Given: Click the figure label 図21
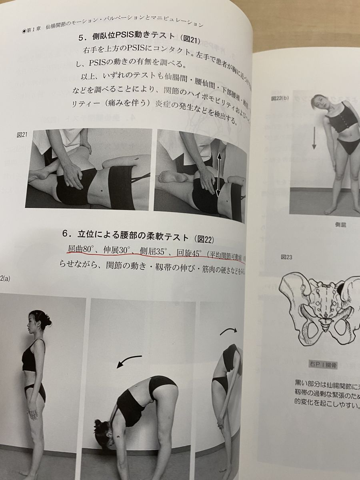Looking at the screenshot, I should point(22,135).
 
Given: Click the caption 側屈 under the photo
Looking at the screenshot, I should point(340,225).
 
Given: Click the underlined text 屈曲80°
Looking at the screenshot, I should point(80,250).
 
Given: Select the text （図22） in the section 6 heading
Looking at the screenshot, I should point(204,239).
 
